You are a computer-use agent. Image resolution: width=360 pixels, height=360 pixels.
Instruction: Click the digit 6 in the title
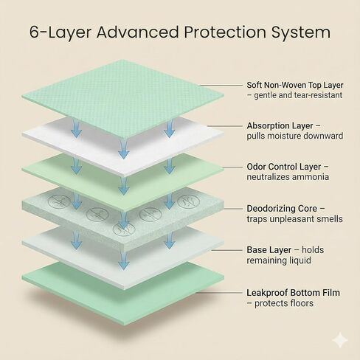coord(35,32)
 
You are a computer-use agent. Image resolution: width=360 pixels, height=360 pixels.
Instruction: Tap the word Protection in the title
coord(225,32)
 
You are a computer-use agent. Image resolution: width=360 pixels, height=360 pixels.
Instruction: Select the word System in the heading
coord(301,32)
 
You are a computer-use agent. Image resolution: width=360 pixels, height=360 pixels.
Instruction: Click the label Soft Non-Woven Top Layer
coord(295,85)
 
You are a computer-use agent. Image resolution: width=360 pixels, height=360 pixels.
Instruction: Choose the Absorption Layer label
coord(280,125)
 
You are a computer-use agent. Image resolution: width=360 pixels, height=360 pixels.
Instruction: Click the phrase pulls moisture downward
coord(295,136)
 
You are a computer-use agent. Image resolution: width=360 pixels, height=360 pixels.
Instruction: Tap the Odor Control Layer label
coord(284,167)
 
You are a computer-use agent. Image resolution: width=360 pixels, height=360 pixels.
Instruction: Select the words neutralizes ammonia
coord(288,177)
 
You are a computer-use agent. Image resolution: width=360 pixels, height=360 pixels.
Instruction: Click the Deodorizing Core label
coord(282,209)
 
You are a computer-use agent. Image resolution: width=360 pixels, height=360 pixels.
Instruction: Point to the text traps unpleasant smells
coord(294,218)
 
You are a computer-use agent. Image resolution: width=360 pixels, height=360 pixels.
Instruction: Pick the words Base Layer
coord(269,250)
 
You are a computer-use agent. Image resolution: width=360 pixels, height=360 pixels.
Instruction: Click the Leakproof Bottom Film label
coord(293,293)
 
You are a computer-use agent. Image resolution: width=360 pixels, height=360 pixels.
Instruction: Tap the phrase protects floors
coord(284,303)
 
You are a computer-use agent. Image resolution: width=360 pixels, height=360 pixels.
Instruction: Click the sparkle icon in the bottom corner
coord(340,340)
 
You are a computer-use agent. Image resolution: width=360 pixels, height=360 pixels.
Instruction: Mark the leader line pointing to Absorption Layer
coord(225,126)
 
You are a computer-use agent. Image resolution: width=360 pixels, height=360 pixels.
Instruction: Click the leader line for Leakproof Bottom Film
coord(219,293)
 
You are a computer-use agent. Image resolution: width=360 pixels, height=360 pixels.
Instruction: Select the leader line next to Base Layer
coord(227,250)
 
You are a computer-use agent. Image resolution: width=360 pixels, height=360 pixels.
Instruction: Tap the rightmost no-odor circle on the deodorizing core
coord(188,201)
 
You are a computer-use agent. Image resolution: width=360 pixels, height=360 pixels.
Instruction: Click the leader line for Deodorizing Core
coord(233,209)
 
